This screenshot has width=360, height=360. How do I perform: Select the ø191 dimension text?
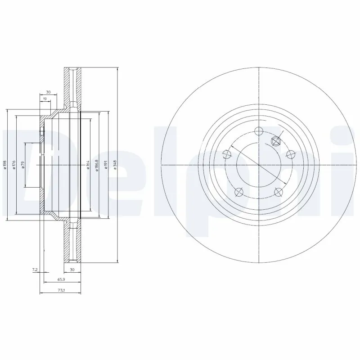click(105, 165)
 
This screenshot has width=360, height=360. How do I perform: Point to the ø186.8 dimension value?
click(97, 165)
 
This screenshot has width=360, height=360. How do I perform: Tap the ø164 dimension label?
click(87, 165)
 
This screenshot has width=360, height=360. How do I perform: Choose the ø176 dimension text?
click(14, 165)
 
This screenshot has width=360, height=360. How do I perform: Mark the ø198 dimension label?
click(5, 165)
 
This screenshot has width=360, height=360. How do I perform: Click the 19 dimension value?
click(45, 98)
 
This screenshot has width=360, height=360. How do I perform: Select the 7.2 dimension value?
click(34, 270)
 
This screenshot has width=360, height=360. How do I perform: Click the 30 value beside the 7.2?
click(72, 270)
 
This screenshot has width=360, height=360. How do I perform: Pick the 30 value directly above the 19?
click(48, 92)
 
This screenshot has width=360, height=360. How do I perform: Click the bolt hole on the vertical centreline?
click(259, 131)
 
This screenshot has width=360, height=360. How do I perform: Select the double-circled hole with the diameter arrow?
click(276, 141)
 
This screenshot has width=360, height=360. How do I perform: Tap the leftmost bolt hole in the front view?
click(227, 155)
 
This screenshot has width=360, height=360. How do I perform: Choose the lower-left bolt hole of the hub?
click(239, 191)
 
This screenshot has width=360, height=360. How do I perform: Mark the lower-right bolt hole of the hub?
click(278, 191)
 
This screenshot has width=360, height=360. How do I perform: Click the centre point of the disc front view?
click(259, 165)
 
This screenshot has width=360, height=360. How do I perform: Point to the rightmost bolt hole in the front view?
click(290, 155)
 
